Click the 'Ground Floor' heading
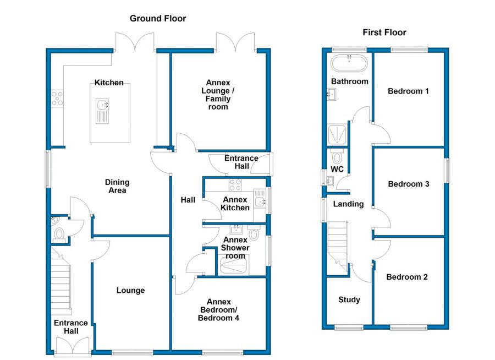pyautogui.click(x=158, y=19)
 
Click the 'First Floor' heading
pyautogui.click(x=384, y=32)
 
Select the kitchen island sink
pyautogui.click(x=102, y=105)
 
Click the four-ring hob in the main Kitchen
pyautogui.click(x=57, y=98)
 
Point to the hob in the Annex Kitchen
pyautogui.click(x=236, y=185)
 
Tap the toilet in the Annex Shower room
pyautogui.click(x=254, y=234)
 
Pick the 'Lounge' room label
pyautogui.click(x=130, y=290)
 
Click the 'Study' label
pyautogui.click(x=349, y=299)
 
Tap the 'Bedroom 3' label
pyautogui.click(x=408, y=184)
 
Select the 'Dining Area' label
pyautogui.click(x=117, y=186)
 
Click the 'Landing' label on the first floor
pyautogui.click(x=349, y=204)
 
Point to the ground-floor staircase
pyautogui.click(x=61, y=281)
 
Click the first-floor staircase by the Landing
pyautogui.click(x=337, y=242)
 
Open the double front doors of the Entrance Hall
pyautogui.click(x=72, y=346)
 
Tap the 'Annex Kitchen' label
pyautogui.click(x=235, y=203)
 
